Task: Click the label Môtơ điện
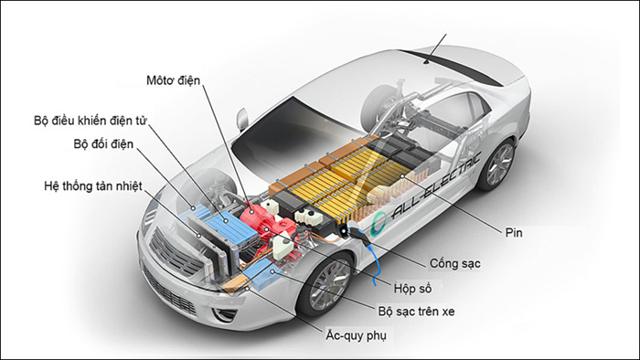pos(174,80)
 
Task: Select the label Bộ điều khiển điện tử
pos(91,121)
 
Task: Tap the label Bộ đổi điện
pos(103,144)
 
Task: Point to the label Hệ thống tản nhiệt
pos(93,186)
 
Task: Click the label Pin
pos(514,232)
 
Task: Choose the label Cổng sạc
pos(454,264)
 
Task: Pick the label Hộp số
pos(412,288)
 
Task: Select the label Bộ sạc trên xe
pos(416,312)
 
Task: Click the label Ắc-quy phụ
pos(356,335)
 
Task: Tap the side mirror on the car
pos(241,118)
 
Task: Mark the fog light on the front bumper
pos(224,313)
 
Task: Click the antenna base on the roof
pos(427,62)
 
